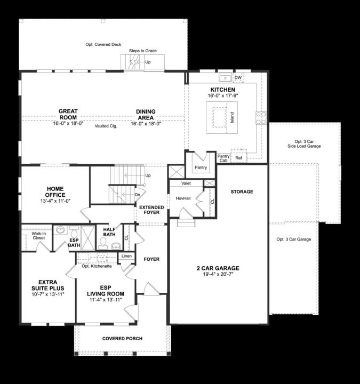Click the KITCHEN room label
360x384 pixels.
[x=222, y=90]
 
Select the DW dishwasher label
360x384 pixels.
[x=238, y=78]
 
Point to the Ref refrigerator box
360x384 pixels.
[x=238, y=158]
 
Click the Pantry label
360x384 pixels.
[x=201, y=167]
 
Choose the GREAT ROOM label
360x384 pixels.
[x=68, y=115]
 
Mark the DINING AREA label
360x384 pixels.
[x=146, y=115]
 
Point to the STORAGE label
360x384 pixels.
[x=242, y=191]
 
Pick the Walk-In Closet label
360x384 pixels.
[x=38, y=235]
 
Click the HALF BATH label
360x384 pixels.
[x=109, y=231]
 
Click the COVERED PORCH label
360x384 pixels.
[x=122, y=339]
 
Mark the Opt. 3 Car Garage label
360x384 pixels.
[x=293, y=239]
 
